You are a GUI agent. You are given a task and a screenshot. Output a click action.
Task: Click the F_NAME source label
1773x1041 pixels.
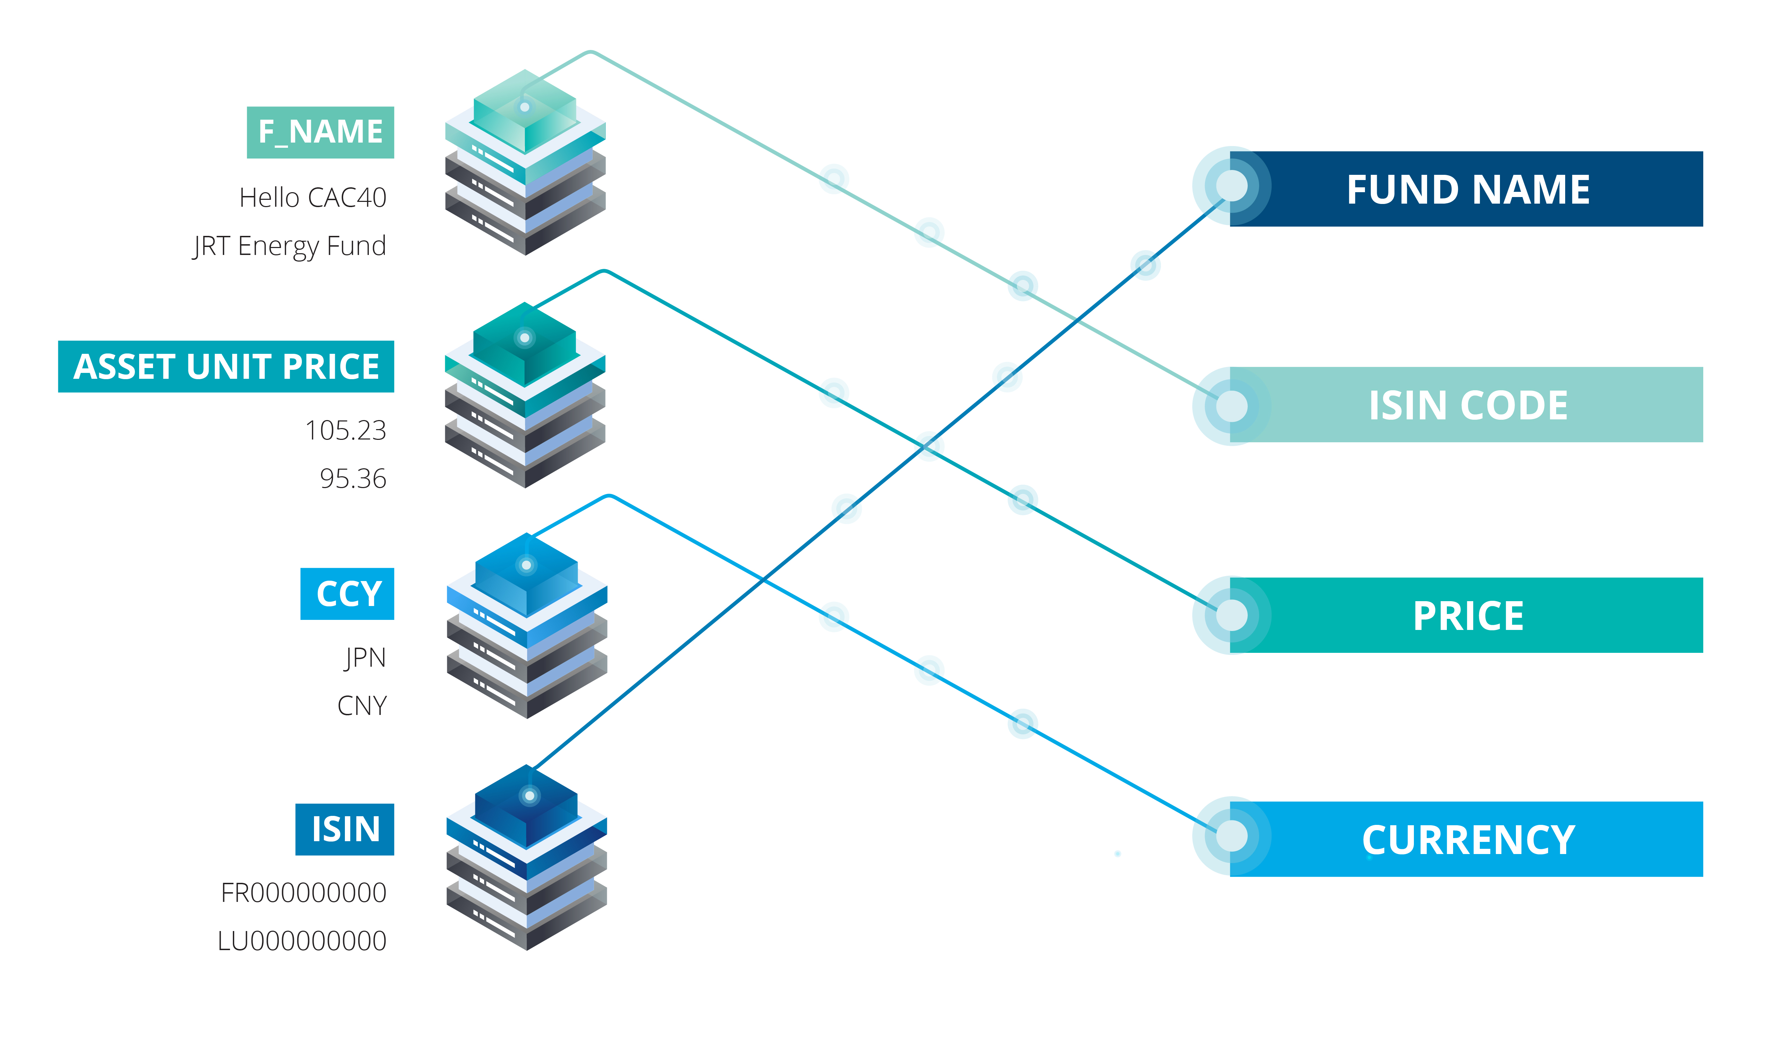(x=320, y=132)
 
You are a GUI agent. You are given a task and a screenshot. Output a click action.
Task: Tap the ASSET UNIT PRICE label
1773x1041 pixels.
(x=226, y=366)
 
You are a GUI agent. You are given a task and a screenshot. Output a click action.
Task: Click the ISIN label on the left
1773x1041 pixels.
(x=345, y=829)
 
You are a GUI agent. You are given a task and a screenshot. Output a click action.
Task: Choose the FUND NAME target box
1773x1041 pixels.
(x=1468, y=189)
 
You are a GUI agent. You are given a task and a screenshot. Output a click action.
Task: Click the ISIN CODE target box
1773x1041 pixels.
(x=1468, y=405)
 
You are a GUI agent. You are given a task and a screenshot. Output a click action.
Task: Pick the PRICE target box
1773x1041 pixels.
(x=1468, y=615)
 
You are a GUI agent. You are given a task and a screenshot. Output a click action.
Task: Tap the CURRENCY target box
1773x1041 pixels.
(x=1468, y=839)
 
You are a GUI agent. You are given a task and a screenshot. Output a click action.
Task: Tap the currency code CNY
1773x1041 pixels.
(x=362, y=706)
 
